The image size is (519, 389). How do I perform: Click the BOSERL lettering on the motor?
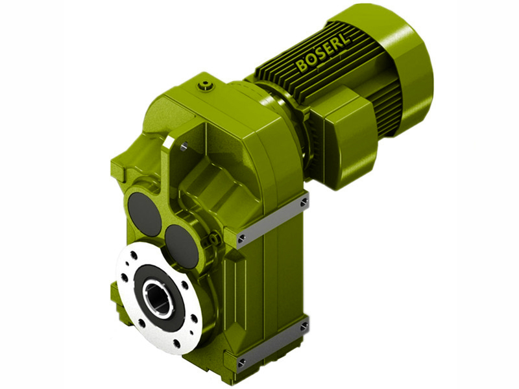[x=322, y=51]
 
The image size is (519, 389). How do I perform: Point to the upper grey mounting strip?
[x=272, y=220]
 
